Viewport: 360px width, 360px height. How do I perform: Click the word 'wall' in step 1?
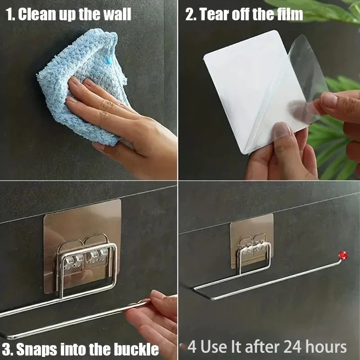pyautogui.click(x=116, y=14)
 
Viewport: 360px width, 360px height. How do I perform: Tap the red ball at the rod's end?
pyautogui.click(x=342, y=255)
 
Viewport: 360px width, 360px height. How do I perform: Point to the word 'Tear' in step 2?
pyautogui.click(x=214, y=14)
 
